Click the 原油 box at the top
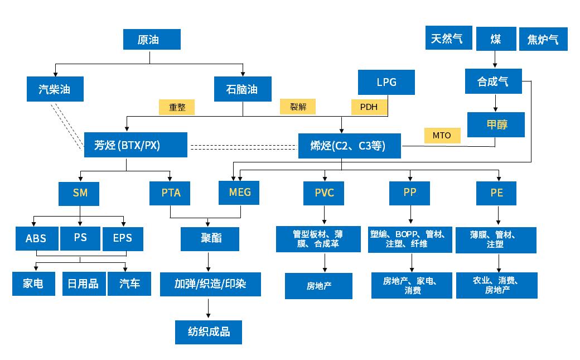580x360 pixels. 152,40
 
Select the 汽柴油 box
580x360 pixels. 55,89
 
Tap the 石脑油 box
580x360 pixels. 243,89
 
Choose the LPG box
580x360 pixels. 386,82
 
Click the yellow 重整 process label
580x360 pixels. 177,108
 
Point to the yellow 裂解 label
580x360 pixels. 297,106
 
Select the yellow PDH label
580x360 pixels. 369,107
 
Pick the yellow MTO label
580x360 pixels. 442,135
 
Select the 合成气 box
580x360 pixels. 494,81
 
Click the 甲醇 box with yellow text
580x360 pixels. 495,124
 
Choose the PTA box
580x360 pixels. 171,194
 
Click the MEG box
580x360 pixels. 240,193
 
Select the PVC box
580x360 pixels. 324,194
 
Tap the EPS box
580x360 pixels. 123,238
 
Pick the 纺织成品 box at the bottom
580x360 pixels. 209,332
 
